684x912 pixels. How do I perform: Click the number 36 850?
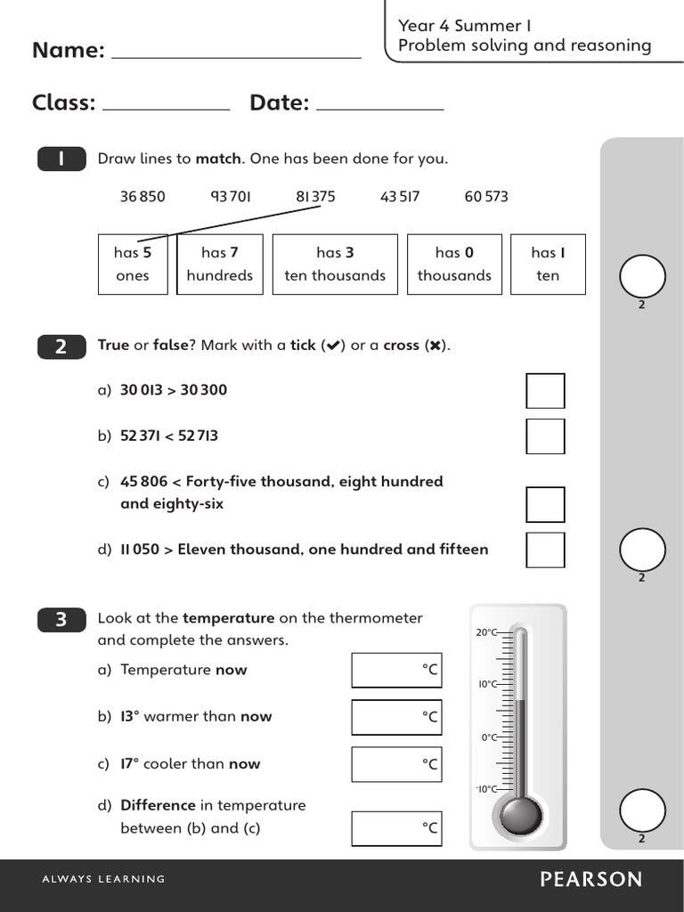(x=142, y=196)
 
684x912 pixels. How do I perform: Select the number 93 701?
(x=231, y=196)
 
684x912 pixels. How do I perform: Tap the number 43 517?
(x=400, y=196)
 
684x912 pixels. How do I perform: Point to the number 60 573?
(x=486, y=196)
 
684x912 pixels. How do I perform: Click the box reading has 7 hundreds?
(x=220, y=265)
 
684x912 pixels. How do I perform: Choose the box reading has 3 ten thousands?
(x=335, y=265)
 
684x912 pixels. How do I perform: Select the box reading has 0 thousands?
(x=454, y=265)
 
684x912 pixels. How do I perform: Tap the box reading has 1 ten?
(x=548, y=265)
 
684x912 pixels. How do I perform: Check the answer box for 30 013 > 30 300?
(x=545, y=391)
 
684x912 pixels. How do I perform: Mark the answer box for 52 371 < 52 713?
(x=545, y=436)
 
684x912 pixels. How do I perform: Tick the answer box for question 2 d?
(x=545, y=550)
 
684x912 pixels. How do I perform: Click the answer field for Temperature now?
(x=396, y=671)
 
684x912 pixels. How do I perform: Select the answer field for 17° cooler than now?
(x=396, y=764)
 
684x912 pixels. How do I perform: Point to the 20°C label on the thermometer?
(x=487, y=632)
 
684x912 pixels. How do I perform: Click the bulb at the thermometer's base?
(x=520, y=813)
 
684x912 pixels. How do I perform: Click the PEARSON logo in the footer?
(x=590, y=880)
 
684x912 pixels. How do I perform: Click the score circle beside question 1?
(x=642, y=277)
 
